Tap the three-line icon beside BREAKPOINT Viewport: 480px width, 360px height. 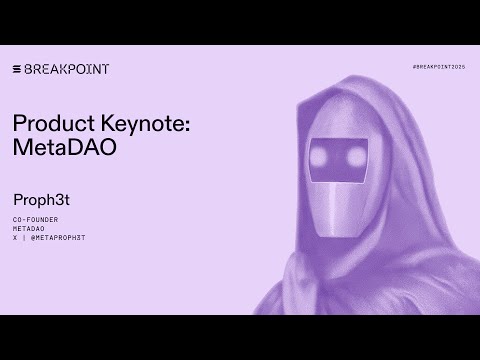coord(17,69)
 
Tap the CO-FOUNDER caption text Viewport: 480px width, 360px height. coord(34,218)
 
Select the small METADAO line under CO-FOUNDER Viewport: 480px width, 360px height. coord(29,227)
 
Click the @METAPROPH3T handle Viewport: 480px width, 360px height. coord(59,236)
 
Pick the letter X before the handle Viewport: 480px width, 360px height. coord(15,236)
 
